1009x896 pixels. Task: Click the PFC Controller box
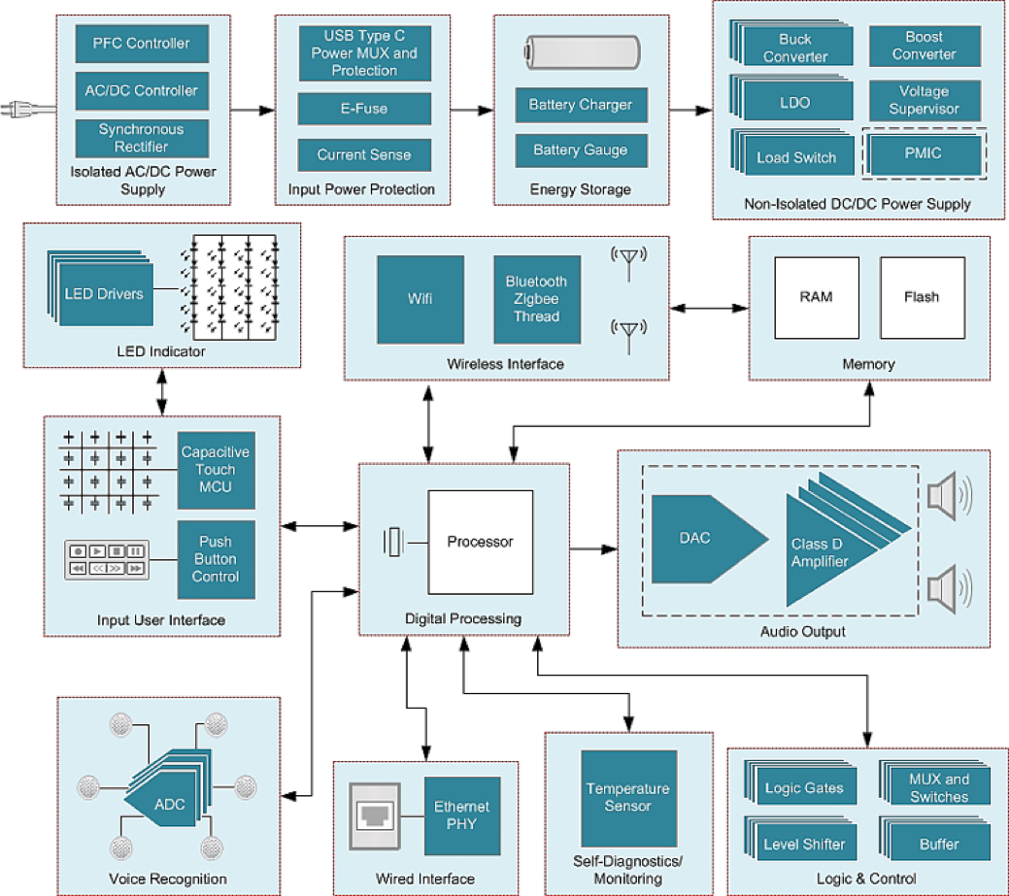tap(142, 44)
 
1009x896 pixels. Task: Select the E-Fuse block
tap(363, 109)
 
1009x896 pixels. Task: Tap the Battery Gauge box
tap(580, 150)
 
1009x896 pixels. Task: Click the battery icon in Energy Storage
tap(580, 52)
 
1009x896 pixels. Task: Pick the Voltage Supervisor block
tap(924, 100)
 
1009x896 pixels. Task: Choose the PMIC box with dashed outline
tap(924, 153)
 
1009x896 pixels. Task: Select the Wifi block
tap(420, 299)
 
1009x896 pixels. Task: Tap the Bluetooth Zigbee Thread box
tap(536, 299)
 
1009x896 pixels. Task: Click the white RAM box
tap(817, 297)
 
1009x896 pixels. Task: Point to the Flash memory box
tap(923, 297)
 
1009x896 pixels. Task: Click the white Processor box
tap(481, 542)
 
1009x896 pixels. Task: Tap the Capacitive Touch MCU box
tap(216, 470)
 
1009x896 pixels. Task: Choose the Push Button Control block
tap(216, 559)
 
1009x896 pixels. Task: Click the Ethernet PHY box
tap(461, 815)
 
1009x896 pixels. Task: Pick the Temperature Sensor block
tap(628, 798)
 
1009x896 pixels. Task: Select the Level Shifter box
tap(805, 844)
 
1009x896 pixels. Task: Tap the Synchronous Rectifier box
tap(142, 138)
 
